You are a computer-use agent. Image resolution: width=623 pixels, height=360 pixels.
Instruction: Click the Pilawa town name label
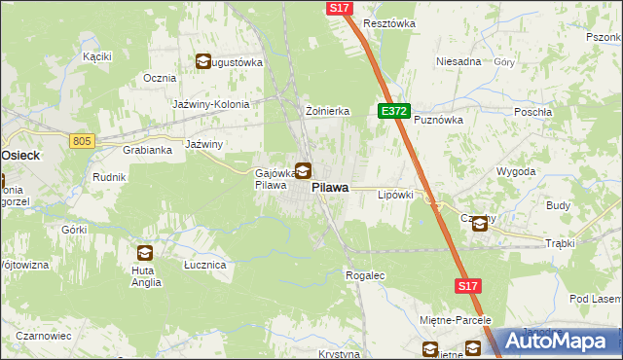tap(332, 192)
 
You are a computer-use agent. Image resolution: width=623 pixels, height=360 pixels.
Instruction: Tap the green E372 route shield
tap(394, 112)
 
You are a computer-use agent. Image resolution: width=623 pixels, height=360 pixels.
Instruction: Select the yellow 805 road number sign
tap(82, 141)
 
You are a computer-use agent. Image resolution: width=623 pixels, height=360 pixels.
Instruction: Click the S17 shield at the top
tap(339, 7)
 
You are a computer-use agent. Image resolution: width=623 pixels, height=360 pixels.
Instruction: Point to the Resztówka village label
tap(388, 22)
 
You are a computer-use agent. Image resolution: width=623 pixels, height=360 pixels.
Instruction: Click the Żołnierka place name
tap(327, 111)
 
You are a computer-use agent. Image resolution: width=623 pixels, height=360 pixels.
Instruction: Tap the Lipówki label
tap(395, 195)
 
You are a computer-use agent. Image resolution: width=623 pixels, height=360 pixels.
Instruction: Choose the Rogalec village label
tap(365, 275)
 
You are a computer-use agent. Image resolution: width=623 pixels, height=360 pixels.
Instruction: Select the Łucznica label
tap(205, 265)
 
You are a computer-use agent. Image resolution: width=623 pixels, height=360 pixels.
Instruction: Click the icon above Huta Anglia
tap(145, 253)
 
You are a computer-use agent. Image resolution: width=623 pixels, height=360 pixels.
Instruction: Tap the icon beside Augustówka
tap(203, 62)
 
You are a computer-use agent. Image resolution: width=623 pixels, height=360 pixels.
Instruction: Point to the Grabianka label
tap(147, 150)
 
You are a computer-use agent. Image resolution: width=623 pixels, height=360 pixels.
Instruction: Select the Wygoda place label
tap(516, 171)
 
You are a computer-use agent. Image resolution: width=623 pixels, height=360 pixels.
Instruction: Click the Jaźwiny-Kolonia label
tap(211, 104)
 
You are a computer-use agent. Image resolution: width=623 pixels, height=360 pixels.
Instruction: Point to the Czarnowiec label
tap(43, 336)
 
